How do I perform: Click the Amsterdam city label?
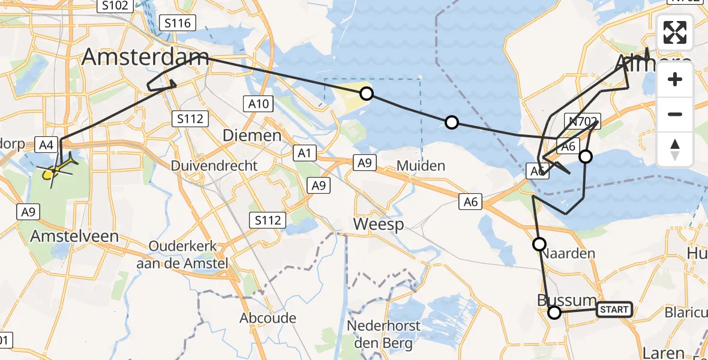coord(145,58)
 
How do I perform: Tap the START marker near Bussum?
coord(614,310)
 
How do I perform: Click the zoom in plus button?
coord(675,79)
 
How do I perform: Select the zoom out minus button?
coord(675,114)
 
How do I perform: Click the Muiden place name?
coord(421,166)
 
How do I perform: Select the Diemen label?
coord(252,136)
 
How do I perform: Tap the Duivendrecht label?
coord(214,166)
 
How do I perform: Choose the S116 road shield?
coord(178,23)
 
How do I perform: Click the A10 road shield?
coord(259,104)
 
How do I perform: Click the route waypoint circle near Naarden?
coord(539,244)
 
